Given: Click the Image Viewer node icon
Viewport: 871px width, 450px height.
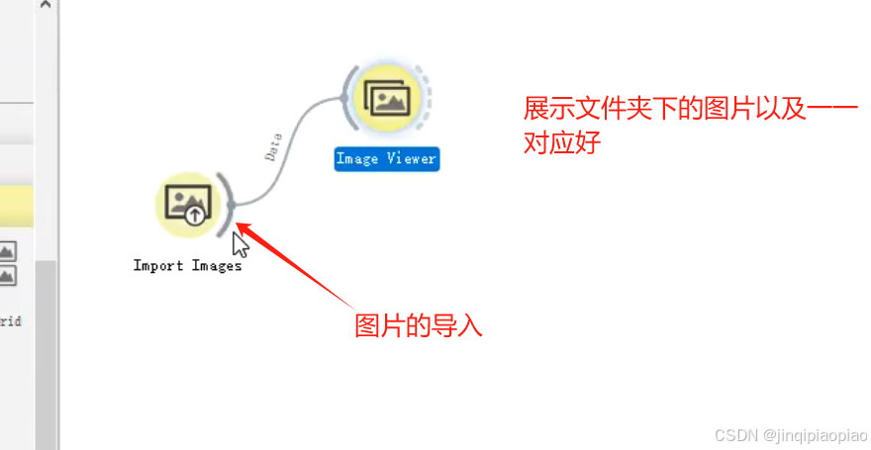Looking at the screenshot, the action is [x=387, y=98].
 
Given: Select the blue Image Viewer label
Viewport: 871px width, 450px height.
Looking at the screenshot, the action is [x=386, y=159].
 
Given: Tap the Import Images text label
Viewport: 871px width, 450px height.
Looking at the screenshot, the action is [x=187, y=265].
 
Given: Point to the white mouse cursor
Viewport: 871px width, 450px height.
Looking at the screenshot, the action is [x=239, y=244].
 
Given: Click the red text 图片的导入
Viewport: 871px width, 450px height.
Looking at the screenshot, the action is [x=418, y=325].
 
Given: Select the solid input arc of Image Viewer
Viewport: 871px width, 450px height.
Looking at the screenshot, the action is [x=347, y=98].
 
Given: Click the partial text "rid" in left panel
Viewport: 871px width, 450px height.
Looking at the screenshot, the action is [x=11, y=321].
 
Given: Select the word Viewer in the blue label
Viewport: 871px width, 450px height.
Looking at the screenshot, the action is [x=412, y=159].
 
